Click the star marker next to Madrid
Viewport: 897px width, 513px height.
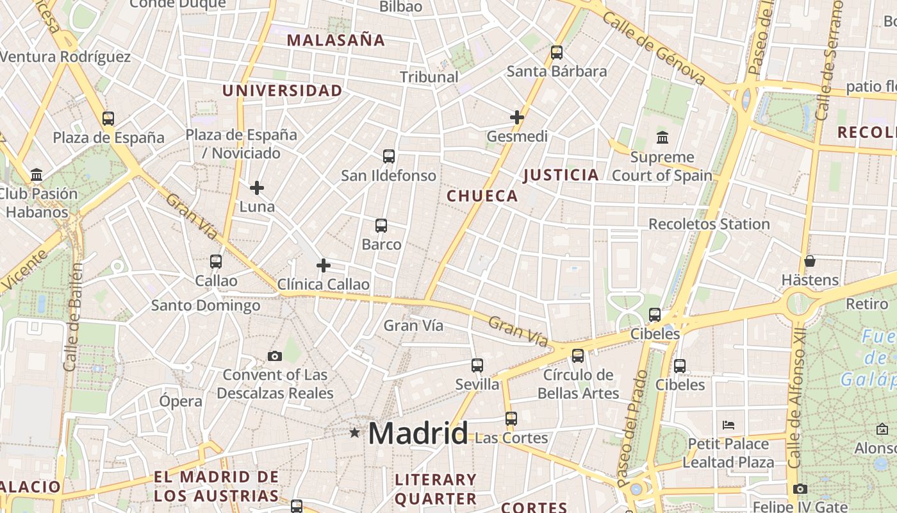(354, 433)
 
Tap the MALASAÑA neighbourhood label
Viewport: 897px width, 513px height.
(336, 40)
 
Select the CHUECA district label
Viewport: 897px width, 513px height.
(482, 196)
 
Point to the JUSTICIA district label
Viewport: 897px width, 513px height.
(561, 174)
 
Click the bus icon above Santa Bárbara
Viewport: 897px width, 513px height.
(557, 53)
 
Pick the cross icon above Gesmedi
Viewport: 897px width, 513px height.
(517, 117)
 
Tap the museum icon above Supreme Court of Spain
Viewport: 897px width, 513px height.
(662, 138)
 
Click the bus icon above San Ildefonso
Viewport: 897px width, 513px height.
(388, 156)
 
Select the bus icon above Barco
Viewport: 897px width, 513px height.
(381, 226)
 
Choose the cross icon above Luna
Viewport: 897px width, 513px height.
(257, 188)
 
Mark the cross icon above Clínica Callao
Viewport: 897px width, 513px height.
(324, 265)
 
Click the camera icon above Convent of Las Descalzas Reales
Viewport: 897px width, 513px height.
(274, 356)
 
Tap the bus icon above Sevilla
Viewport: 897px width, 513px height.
(477, 366)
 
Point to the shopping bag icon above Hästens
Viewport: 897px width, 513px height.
(810, 261)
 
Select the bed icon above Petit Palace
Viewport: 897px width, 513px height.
(728, 425)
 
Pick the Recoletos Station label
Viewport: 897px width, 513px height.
(709, 224)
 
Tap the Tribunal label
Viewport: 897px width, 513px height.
(429, 77)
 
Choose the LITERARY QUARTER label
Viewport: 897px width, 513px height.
(436, 489)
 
